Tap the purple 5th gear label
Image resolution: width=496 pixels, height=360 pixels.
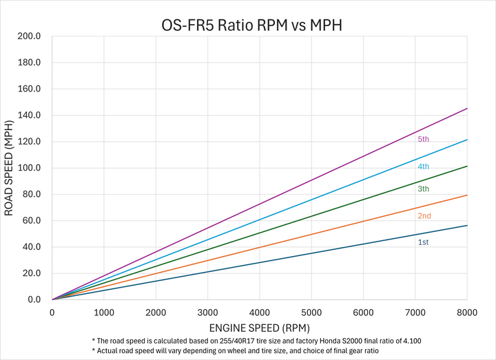click(423, 139)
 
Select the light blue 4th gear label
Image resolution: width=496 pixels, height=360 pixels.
click(423, 167)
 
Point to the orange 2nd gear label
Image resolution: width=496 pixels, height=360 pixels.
click(424, 216)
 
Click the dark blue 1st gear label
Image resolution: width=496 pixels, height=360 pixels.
click(423, 242)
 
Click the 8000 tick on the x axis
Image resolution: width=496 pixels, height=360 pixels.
click(467, 313)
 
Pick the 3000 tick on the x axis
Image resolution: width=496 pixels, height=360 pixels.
click(208, 313)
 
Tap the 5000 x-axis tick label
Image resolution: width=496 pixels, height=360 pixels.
click(311, 313)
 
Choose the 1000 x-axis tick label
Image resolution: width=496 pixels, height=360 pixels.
click(104, 313)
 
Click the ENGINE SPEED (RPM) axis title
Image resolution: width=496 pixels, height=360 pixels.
click(260, 328)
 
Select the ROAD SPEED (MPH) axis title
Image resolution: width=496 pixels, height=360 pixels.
click(9, 168)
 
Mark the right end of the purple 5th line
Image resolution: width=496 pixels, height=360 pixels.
click(467, 108)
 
